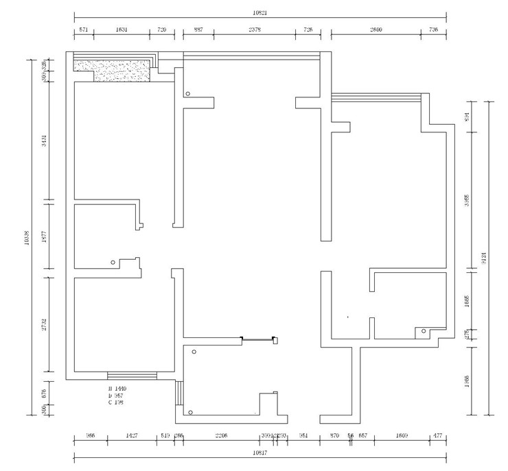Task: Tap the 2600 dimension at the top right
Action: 376,30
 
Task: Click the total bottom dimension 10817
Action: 259,453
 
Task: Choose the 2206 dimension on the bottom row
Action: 221,435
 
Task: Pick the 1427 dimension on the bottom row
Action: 132,435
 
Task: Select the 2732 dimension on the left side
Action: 44,324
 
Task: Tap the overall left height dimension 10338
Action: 25,237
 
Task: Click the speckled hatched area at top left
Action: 113,68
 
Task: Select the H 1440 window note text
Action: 118,389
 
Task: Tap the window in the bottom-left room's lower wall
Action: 132,376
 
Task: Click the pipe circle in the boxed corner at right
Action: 424,332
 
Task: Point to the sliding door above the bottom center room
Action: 258,338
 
